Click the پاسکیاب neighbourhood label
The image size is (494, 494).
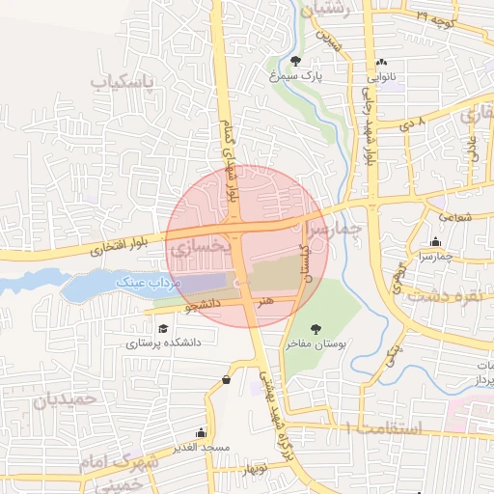(123, 82)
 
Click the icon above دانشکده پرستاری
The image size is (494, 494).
(161, 327)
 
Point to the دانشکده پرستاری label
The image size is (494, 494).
(159, 342)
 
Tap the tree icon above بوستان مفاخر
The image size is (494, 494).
(316, 328)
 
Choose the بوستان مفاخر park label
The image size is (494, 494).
(315, 343)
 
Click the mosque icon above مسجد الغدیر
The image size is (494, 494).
(201, 433)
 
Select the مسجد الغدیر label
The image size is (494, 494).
(201, 448)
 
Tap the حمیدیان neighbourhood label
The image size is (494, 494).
(66, 398)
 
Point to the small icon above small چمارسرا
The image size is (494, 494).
(437, 242)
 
